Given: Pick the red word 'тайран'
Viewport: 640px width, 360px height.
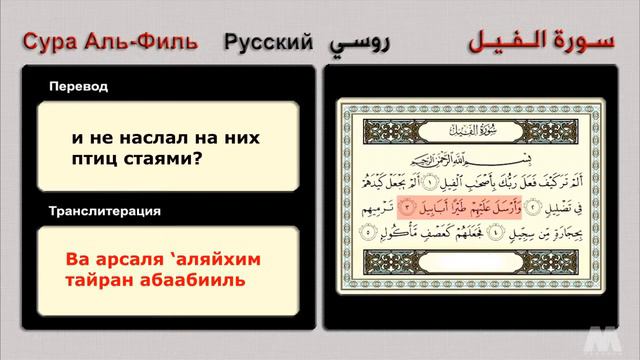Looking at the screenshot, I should (96, 281).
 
